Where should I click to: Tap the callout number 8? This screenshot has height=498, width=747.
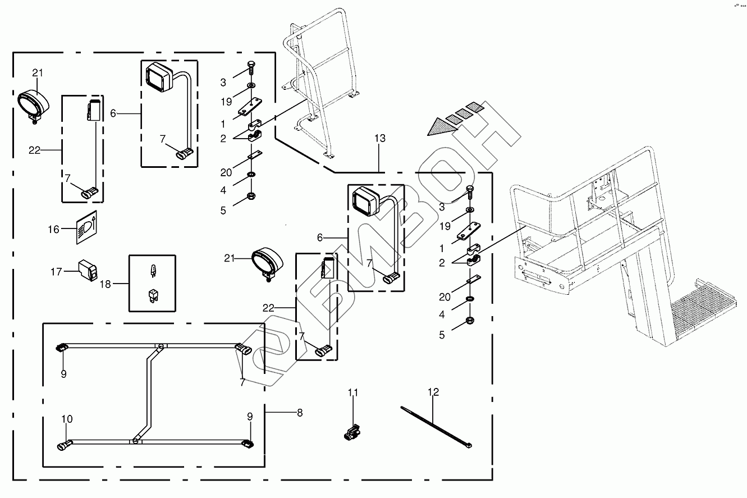pos(300,413)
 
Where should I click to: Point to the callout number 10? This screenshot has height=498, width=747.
pos(67,419)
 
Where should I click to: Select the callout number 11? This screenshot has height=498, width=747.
pos(352,392)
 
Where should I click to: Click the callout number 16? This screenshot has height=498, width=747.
pos(53,229)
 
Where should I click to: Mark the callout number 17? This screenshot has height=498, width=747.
pos(56,272)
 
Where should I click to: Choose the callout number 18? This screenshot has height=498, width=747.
pos(106,284)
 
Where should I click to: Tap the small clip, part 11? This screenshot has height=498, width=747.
pos(353,433)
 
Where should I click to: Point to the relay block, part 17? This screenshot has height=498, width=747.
pos(88,269)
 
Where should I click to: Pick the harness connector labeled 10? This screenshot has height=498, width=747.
pos(64,446)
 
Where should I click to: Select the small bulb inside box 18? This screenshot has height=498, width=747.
pos(152,272)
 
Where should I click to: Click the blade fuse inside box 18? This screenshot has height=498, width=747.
pos(152,296)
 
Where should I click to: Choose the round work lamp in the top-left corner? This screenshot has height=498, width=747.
pos(35,103)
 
